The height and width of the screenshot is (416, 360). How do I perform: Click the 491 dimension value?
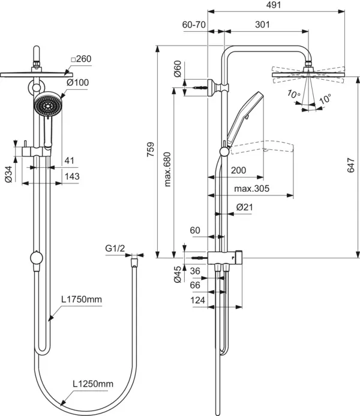tap(274, 5)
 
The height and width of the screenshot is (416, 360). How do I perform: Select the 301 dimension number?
tap(262, 25)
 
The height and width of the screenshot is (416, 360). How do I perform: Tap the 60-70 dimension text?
tap(194, 25)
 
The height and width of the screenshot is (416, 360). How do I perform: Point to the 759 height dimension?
tap(151, 149)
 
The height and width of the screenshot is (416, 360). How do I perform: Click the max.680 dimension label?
tap(167, 169)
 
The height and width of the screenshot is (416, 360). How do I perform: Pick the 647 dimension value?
tap(351, 165)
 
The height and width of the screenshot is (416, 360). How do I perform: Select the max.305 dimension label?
tap(251, 189)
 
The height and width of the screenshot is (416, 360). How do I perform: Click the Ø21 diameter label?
tap(245, 207)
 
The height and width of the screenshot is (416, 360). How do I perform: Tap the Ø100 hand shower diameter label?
tap(77, 83)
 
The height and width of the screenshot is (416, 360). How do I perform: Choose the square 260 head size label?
tap(81, 59)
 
